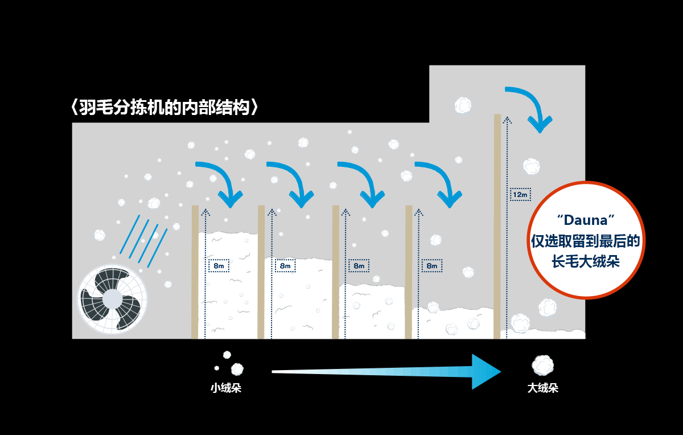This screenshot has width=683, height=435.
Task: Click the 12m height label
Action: pos(520,195)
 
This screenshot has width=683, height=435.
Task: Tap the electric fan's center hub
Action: pos(112,299)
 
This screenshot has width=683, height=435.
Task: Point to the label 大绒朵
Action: pos(542,388)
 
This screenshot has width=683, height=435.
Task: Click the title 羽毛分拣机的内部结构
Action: pos(165,108)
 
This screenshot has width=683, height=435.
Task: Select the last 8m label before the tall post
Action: pos(432,265)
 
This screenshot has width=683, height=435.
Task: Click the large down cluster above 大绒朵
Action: pos(542,365)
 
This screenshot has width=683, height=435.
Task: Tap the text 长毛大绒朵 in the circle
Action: pos(585,261)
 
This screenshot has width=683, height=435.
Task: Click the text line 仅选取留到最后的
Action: pos(585,241)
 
